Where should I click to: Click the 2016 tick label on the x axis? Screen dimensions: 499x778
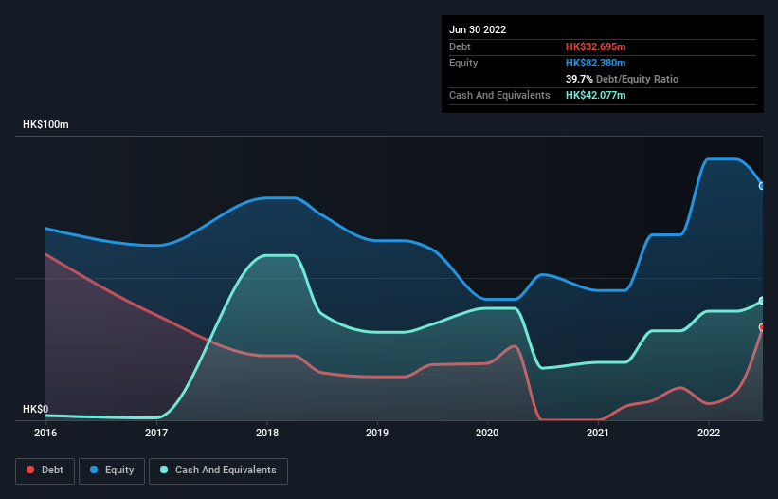(45, 433)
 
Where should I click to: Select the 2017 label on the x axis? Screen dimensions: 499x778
(156, 433)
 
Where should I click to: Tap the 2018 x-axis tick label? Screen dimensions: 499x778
(266, 433)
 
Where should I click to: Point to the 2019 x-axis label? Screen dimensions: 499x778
(377, 433)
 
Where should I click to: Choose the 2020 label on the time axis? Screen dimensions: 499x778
(487, 433)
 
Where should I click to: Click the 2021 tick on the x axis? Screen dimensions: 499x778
(598, 433)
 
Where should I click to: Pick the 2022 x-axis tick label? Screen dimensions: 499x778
(709, 433)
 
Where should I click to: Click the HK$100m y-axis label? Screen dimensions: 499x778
(46, 125)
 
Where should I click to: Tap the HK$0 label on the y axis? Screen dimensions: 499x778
(35, 410)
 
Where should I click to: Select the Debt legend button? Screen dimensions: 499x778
(45, 471)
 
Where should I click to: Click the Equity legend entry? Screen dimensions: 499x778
(112, 471)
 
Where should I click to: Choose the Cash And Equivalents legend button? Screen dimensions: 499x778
(218, 471)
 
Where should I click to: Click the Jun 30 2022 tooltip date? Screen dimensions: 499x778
(478, 29)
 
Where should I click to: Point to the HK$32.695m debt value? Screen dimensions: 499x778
(595, 46)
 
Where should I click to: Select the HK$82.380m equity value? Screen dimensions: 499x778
(595, 63)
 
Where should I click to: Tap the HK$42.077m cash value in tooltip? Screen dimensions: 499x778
(595, 95)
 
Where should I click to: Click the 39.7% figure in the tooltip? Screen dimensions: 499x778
(579, 79)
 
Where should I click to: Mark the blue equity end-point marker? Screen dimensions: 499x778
(762, 186)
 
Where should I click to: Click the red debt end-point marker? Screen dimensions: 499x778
(762, 327)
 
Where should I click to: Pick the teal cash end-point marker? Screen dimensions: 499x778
(762, 301)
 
